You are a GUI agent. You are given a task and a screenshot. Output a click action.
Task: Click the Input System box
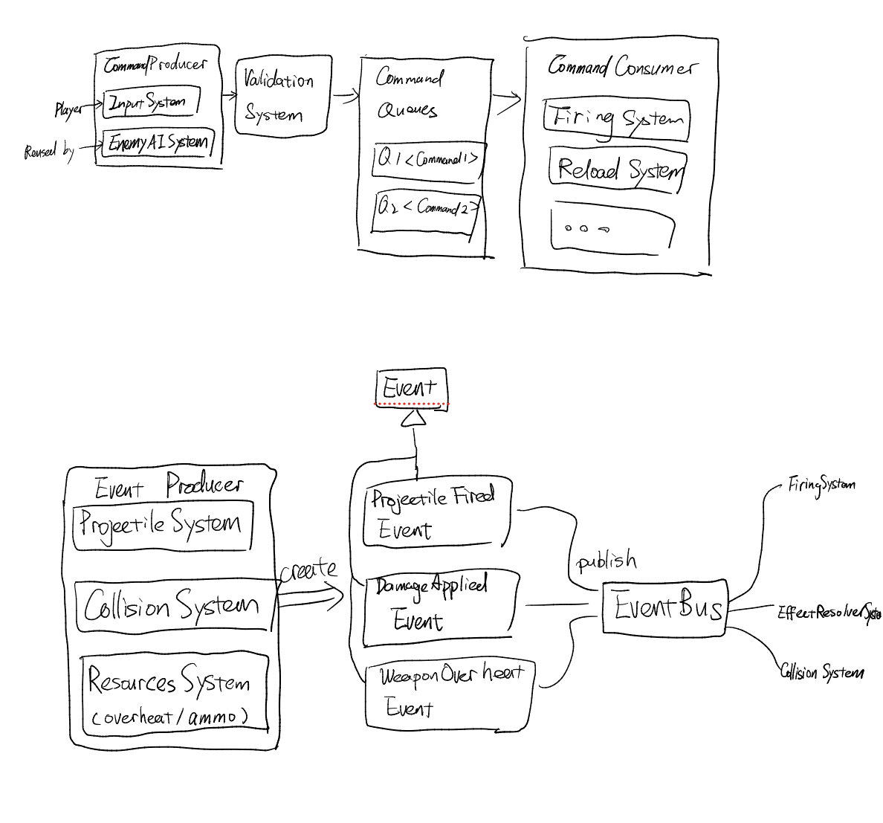151,102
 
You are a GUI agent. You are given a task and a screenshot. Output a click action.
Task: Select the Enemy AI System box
158,142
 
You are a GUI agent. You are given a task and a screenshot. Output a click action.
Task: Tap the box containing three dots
612,229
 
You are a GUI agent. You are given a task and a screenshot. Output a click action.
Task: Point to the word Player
68,110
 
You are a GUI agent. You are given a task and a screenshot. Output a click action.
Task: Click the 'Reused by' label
49,152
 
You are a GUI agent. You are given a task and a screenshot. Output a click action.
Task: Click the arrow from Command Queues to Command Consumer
506,102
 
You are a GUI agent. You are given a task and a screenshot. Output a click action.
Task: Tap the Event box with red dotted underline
411,387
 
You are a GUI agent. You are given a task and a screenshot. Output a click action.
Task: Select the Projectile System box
162,525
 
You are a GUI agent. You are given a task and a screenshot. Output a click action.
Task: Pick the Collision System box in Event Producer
174,606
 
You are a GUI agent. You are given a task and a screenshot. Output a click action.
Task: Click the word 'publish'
607,561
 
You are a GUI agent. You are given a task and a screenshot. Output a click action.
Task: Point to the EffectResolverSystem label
829,613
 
